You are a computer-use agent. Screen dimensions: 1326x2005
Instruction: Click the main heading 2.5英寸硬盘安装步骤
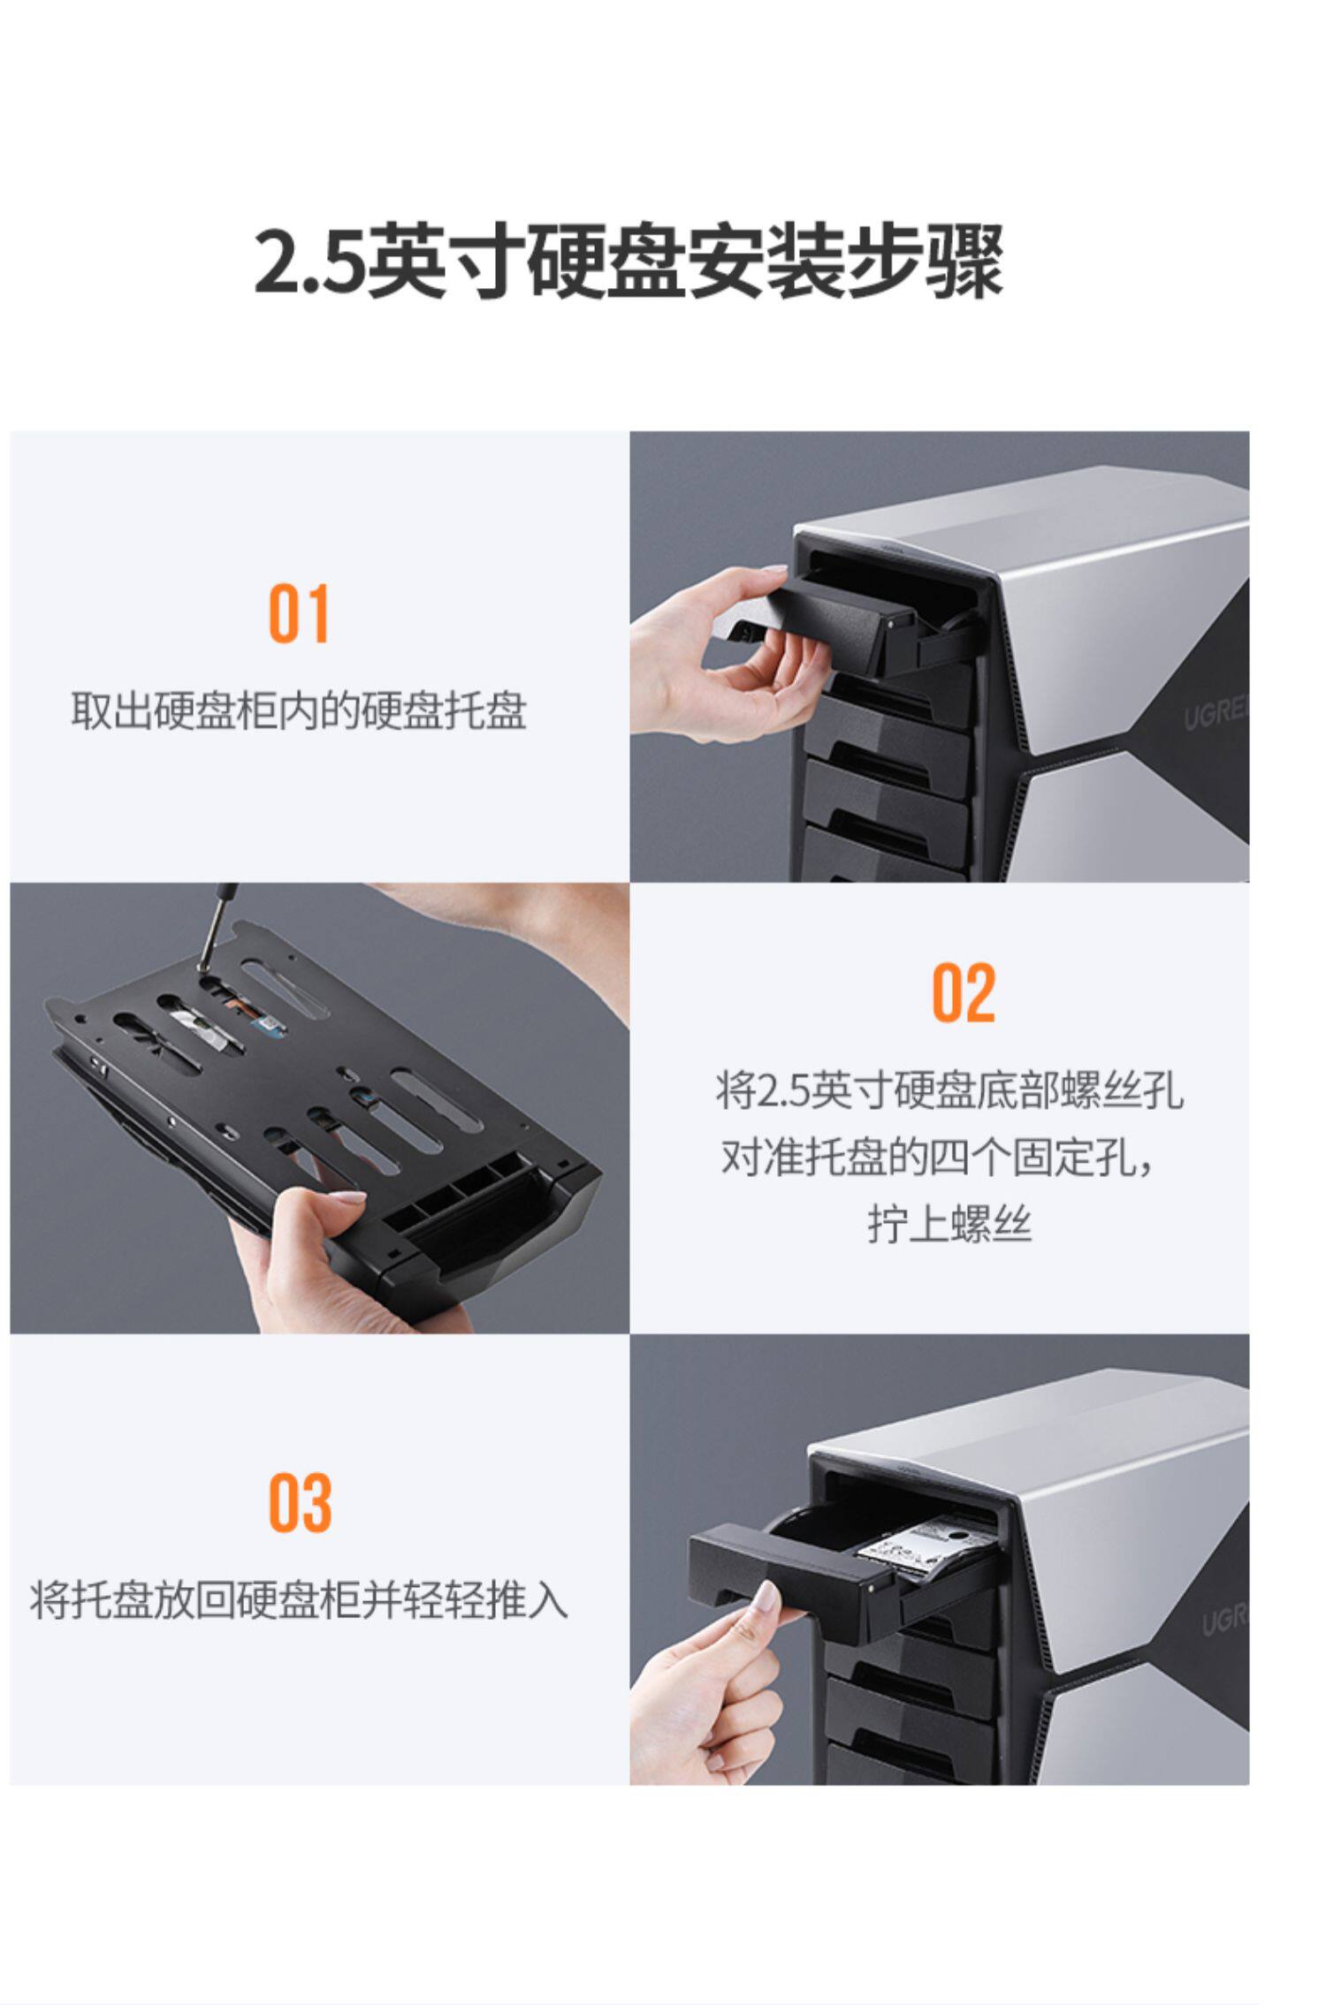629,262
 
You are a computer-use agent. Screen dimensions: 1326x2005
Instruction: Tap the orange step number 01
299,613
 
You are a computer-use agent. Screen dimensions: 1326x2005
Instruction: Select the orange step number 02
964,992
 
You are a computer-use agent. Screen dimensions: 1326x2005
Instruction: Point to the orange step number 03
300,1503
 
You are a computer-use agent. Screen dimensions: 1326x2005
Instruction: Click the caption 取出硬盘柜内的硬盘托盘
299,710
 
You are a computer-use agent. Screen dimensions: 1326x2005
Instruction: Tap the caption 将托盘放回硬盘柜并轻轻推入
299,1599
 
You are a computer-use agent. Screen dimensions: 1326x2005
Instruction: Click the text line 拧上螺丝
949,1225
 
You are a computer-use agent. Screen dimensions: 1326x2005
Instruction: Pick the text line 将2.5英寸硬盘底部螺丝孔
949,1090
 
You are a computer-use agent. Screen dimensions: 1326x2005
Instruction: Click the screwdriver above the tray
216,923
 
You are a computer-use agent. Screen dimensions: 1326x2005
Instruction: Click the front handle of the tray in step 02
482,1228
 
